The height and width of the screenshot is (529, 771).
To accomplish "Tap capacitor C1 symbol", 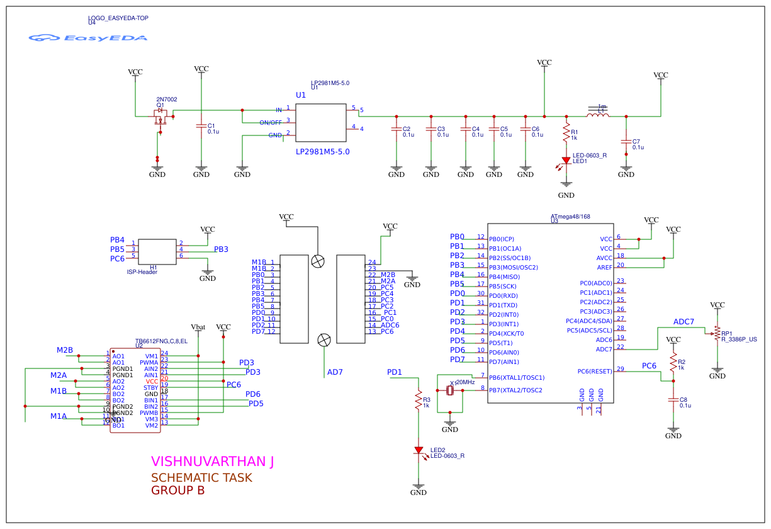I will [201, 128].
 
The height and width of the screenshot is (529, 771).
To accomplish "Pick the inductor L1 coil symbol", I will [597, 115].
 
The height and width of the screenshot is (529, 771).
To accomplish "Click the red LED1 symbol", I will [566, 161].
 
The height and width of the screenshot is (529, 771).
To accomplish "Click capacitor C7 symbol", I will [626, 143].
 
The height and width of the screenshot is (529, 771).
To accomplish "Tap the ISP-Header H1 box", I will [157, 251].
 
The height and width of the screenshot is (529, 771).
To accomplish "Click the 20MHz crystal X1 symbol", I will [449, 391].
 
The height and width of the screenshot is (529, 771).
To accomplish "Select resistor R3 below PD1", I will [418, 400].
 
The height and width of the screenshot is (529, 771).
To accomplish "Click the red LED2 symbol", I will [419, 450].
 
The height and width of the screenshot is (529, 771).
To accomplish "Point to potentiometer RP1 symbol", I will [717, 333].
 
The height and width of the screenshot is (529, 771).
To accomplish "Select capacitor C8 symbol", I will [673, 401].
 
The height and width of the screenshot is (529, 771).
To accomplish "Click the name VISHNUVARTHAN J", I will [212, 462].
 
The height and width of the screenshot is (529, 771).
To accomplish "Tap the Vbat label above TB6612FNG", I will [198, 327].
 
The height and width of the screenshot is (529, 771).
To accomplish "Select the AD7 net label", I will [335, 372].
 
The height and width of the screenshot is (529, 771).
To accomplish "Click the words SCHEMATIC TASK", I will [201, 478].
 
